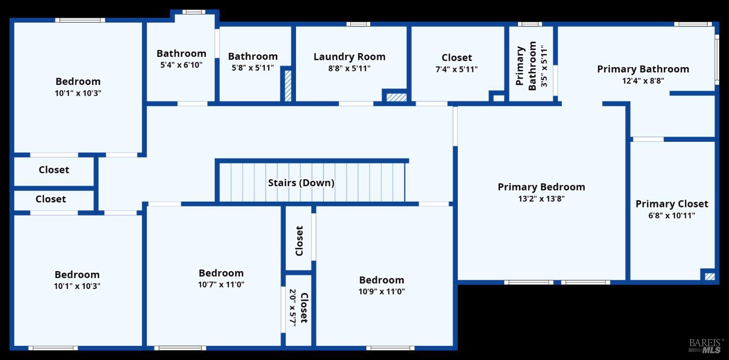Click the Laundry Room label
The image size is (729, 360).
click(349, 57)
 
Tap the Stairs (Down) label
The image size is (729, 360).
click(301, 183)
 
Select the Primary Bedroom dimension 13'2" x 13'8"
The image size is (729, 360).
click(541, 199)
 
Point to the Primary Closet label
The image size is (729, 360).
click(672, 204)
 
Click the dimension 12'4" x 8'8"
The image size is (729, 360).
click(643, 81)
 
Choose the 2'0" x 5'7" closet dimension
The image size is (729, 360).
click(293, 308)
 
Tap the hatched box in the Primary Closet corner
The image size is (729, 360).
click(710, 276)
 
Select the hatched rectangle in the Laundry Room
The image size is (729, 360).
click(396, 97)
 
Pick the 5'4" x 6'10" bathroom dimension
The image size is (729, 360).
click(181, 65)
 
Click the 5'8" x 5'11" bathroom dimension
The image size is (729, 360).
click(253, 68)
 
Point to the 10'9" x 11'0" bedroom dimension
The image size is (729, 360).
click(382, 291)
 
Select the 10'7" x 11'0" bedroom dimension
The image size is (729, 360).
click(221, 285)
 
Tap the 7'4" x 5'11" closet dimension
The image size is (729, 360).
click(456, 69)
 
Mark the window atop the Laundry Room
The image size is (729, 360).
click(358, 24)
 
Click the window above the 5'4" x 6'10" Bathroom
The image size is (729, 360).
click(194, 12)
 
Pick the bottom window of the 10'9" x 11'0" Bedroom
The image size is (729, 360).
click(390, 348)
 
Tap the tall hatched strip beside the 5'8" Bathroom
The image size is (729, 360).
click(288, 86)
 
